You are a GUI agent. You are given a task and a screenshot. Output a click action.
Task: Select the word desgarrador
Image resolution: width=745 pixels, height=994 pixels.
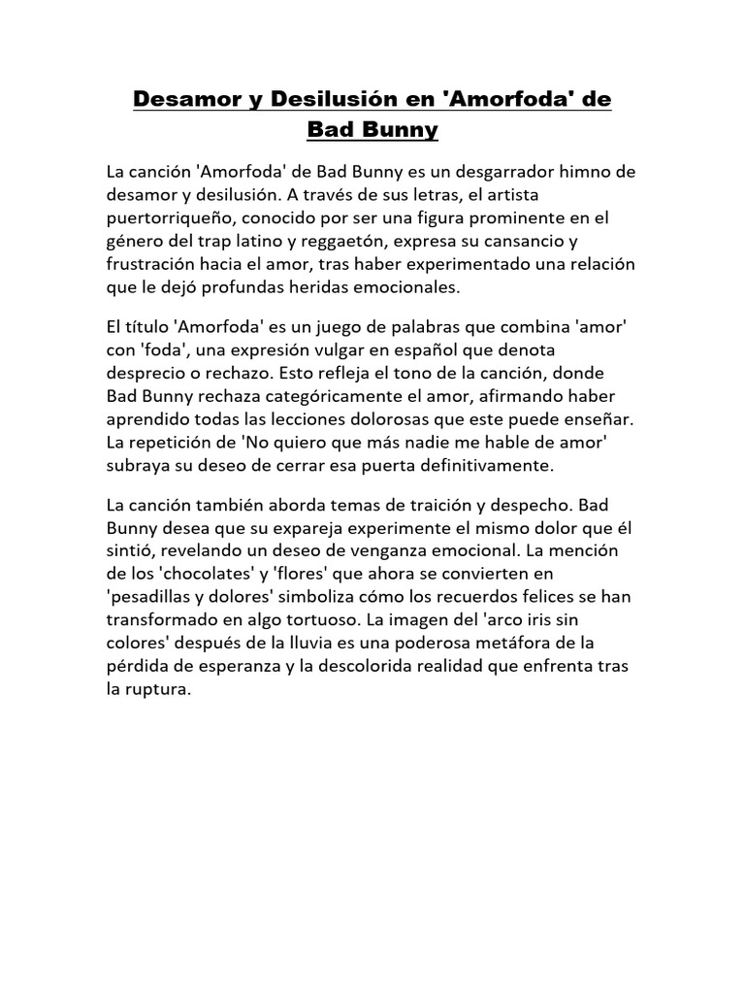[x=474, y=172]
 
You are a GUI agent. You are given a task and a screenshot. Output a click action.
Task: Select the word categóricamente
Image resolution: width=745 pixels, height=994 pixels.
[x=288, y=397]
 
